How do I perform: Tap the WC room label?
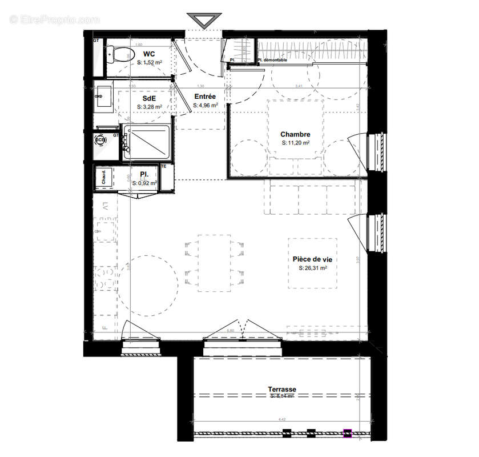149,55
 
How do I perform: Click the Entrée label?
204,97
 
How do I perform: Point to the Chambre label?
295,135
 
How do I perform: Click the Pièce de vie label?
312,259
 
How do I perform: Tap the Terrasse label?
282,390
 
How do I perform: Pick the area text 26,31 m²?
313,268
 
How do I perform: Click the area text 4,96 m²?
204,105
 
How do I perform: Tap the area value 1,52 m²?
150,63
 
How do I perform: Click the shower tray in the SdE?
146,142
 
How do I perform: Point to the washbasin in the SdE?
104,98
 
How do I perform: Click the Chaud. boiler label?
103,178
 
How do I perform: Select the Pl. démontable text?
272,60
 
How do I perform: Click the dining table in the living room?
214,262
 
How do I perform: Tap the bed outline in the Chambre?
296,137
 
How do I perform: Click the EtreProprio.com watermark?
54,19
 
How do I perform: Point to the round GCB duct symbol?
100,139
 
